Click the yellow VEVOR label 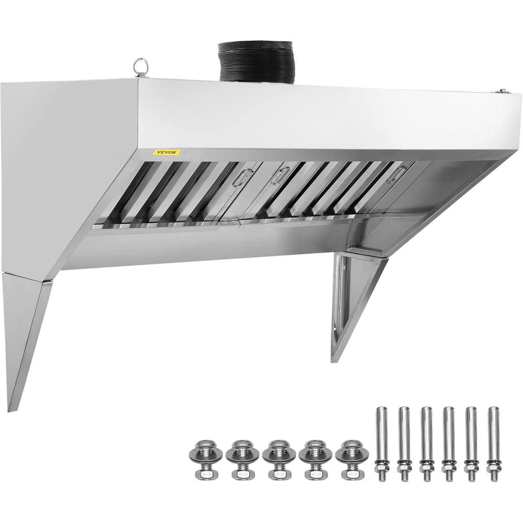[x=166, y=152]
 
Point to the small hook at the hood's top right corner [x=499, y=91]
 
